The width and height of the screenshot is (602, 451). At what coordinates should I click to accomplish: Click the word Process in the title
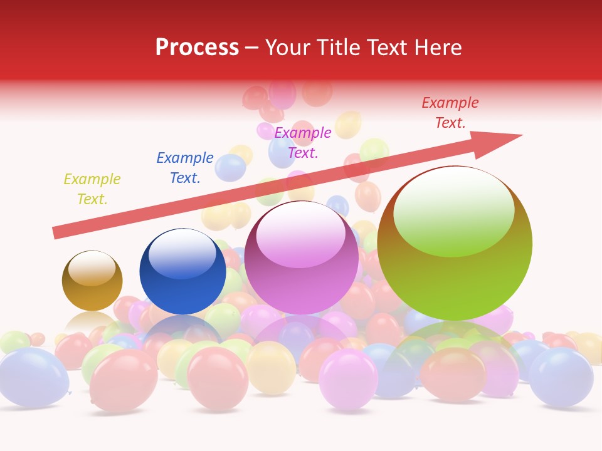pyautogui.click(x=197, y=48)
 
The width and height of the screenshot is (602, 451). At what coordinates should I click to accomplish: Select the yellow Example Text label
pyautogui.click(x=92, y=189)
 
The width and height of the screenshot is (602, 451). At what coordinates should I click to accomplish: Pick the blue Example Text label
pyautogui.click(x=185, y=168)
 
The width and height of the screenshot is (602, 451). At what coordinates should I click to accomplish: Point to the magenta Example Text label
pyautogui.click(x=303, y=142)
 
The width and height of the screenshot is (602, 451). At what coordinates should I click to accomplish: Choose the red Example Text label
pyautogui.click(x=450, y=113)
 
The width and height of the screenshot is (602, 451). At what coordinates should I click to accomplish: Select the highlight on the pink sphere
pyautogui.click(x=300, y=232)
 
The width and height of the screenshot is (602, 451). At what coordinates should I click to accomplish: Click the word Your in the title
pyautogui.click(x=290, y=48)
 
